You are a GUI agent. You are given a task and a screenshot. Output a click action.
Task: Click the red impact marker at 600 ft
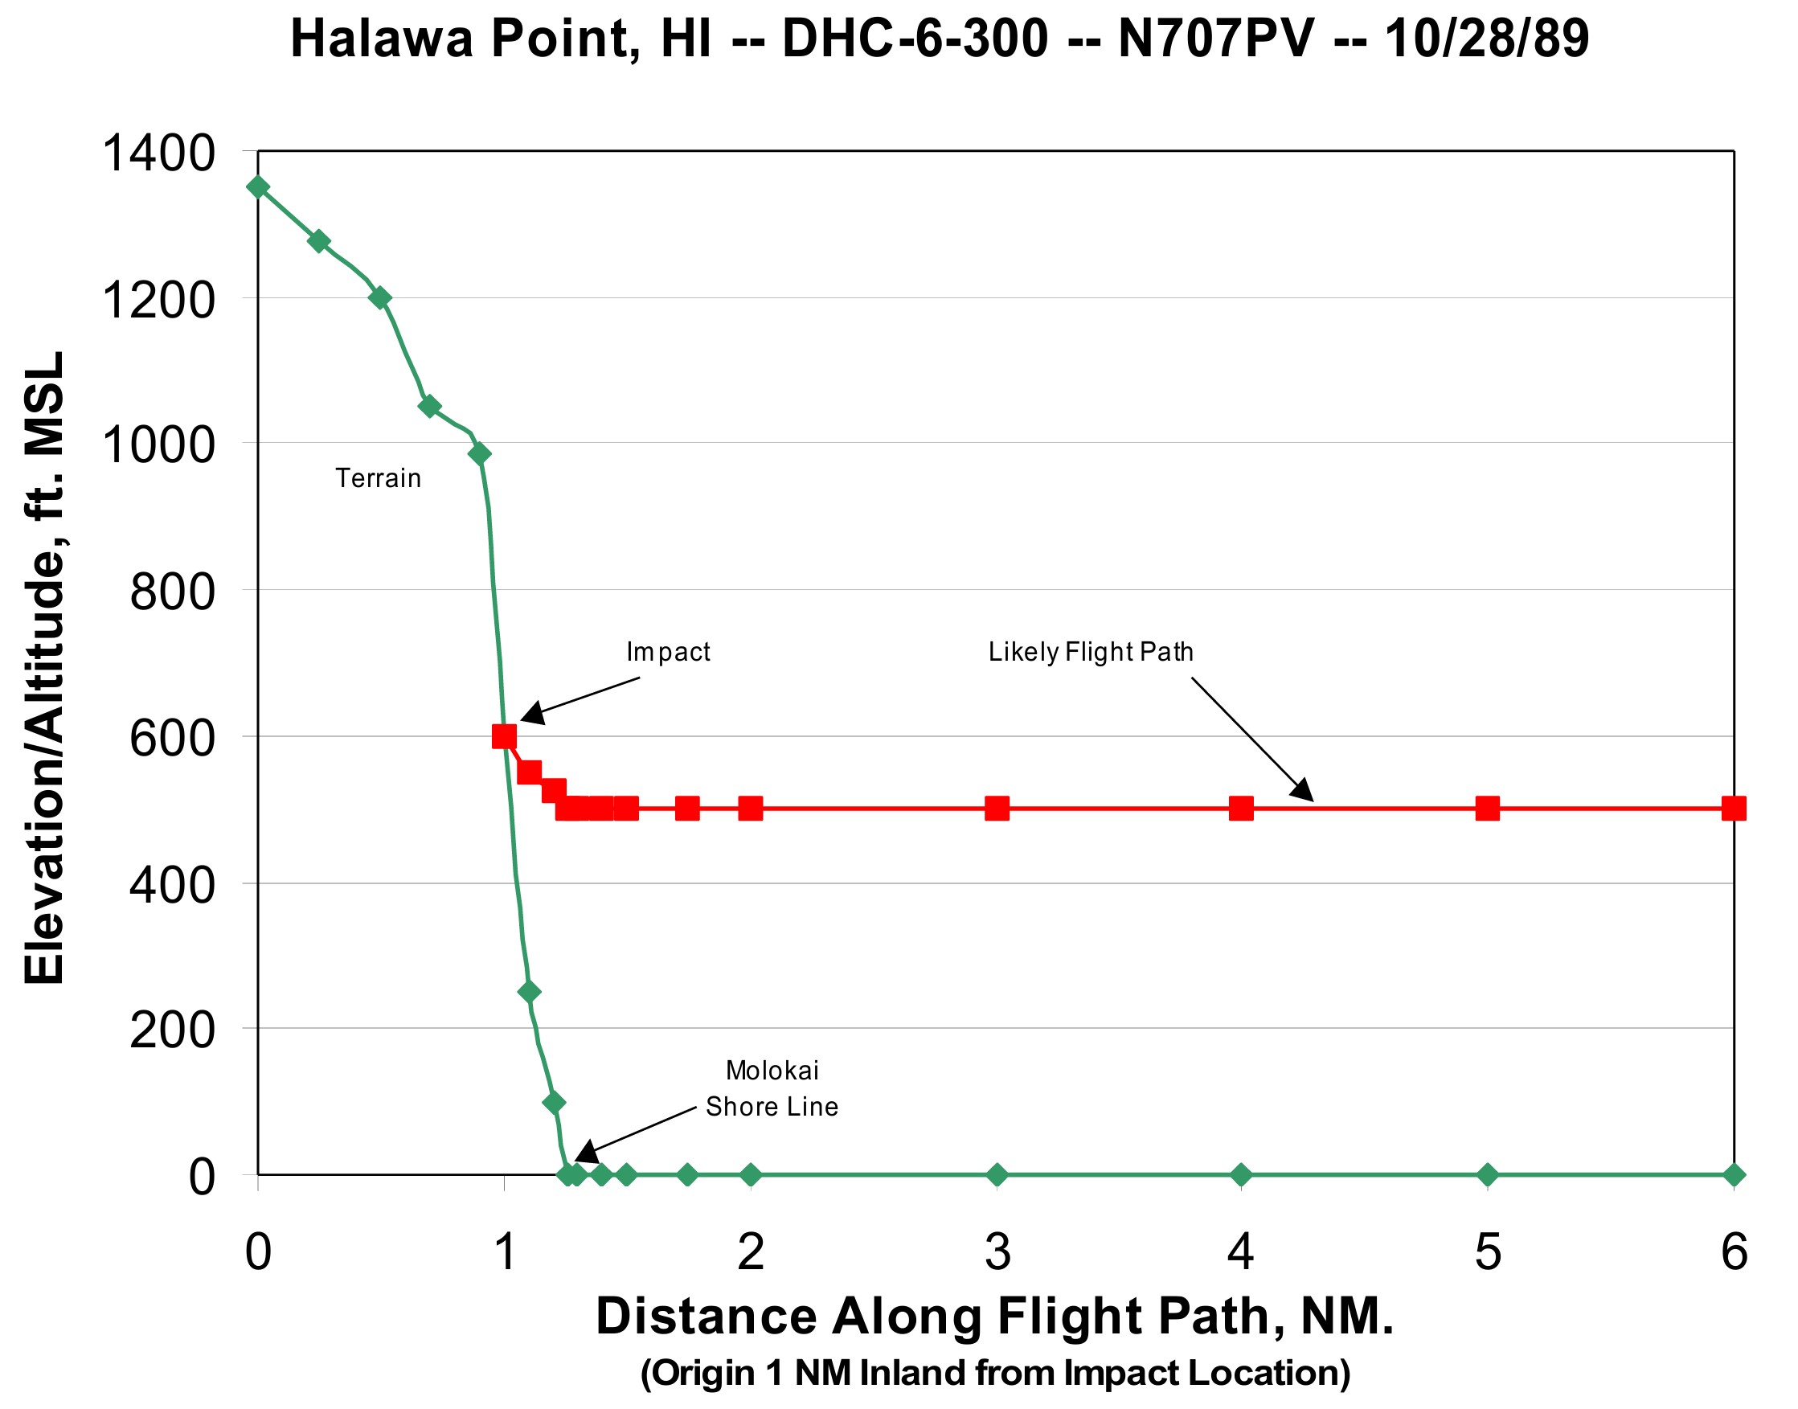504,736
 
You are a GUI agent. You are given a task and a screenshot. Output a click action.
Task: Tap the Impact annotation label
667,652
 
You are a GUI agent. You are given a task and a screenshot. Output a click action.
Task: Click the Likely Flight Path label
1091,652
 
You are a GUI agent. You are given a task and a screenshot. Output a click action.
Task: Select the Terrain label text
378,478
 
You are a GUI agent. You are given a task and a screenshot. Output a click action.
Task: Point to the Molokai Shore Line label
771,1088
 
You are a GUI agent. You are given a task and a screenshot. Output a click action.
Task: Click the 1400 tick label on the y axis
158,154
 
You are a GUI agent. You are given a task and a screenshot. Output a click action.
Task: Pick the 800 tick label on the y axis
171,592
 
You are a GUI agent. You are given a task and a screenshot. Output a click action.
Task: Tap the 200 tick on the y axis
171,1030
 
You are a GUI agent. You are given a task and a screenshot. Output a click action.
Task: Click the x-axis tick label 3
997,1251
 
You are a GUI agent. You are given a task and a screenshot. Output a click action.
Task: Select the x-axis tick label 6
1734,1251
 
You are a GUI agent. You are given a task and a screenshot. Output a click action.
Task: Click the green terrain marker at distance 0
258,187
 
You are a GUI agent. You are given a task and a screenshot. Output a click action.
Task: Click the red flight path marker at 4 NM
1241,809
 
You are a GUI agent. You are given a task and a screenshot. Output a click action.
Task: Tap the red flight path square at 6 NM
1734,809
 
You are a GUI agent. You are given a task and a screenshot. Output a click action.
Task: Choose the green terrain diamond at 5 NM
1487,1175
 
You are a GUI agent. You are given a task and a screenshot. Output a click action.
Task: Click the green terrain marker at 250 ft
530,992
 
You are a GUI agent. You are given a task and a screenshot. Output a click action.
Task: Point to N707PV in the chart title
1215,39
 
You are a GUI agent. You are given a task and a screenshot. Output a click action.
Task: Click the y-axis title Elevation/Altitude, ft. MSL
44,667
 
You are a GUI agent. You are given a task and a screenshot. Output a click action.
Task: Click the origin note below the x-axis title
995,1373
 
